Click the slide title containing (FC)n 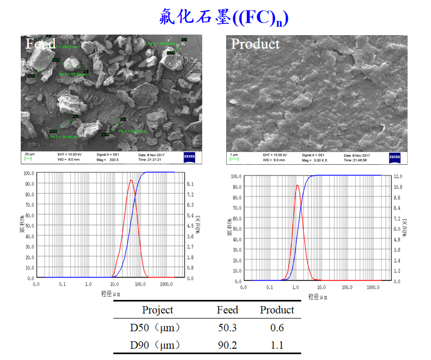coord(223,17)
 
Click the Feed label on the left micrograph coord(40,44)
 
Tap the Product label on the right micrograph coord(255,44)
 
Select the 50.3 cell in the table coord(227,327)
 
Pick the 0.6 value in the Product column coord(277,327)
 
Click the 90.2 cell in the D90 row coord(227,345)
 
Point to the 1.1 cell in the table coord(277,345)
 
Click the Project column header coord(158,310)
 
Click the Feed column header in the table coord(227,310)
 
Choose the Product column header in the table coord(277,310)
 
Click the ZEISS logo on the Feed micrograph coord(190,156)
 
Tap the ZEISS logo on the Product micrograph coord(395,157)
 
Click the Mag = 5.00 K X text coord(316,160)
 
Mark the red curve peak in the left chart coord(131,180)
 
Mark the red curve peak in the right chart coord(297,185)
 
